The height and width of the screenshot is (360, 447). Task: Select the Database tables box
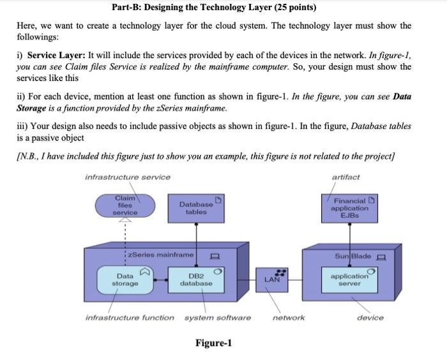click(197, 208)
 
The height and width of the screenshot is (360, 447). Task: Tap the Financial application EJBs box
click(349, 208)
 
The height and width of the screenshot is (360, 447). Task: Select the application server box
click(349, 279)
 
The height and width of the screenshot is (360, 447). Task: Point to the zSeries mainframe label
click(160, 255)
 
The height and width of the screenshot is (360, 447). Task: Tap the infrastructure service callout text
click(128, 177)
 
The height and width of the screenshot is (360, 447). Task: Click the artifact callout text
click(345, 177)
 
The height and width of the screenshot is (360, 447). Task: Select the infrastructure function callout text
click(130, 317)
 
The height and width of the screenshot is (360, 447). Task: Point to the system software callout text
click(218, 317)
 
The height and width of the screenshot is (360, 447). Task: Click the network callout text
click(289, 317)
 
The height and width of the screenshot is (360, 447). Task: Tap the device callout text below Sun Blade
click(370, 317)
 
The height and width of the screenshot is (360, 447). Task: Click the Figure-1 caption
click(213, 343)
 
